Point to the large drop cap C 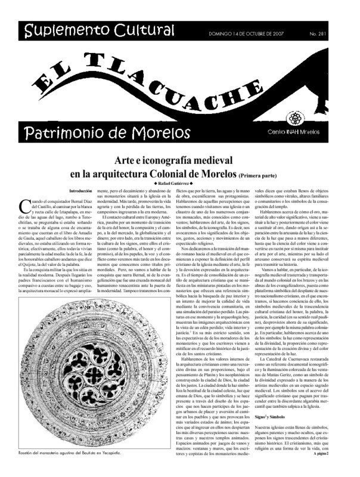(x=26, y=206)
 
